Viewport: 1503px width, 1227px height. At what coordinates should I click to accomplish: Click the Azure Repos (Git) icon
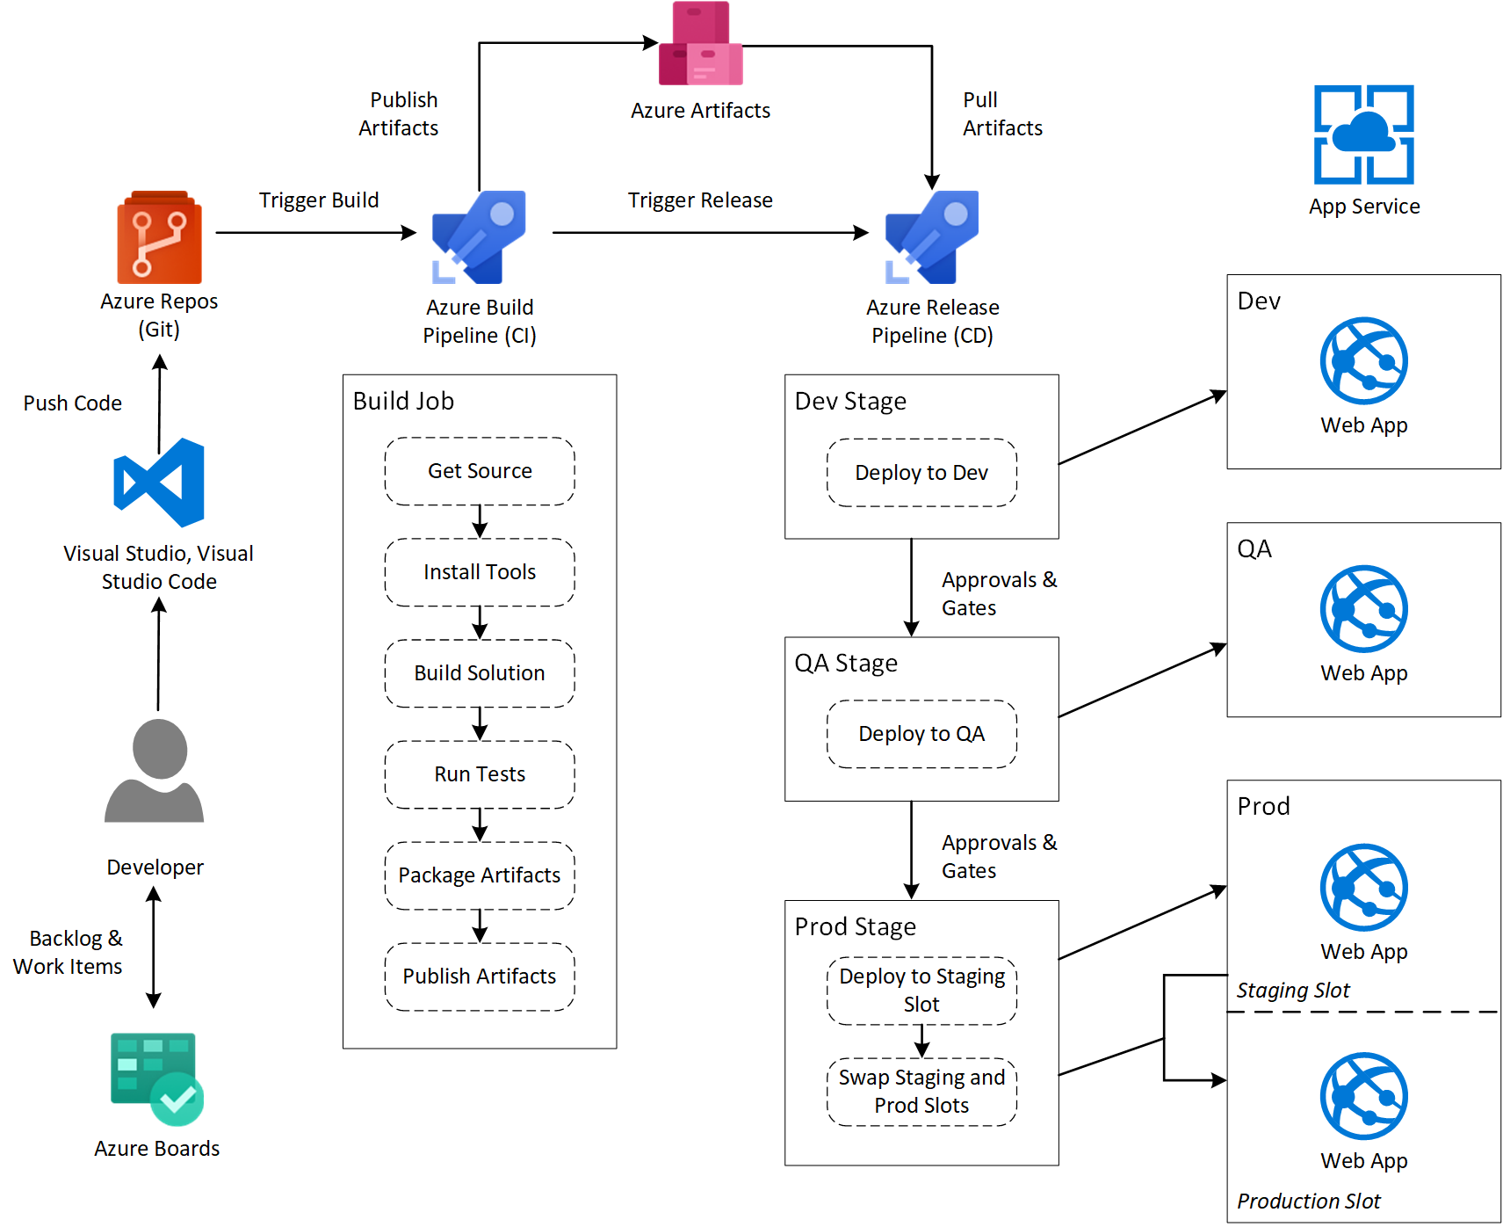(x=159, y=237)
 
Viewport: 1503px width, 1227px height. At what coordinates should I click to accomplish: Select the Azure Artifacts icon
(x=700, y=44)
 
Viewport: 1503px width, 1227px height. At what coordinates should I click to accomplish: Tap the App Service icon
(x=1363, y=134)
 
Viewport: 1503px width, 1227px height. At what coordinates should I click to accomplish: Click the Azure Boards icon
(x=156, y=1078)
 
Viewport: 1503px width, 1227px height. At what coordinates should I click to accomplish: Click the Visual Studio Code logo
(x=159, y=483)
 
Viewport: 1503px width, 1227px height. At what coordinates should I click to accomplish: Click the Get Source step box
(x=480, y=471)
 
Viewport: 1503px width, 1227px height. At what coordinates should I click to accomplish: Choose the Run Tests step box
(x=480, y=774)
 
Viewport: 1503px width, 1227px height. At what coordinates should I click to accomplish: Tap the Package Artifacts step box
(x=480, y=875)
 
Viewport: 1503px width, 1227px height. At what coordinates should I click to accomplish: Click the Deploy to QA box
(x=921, y=734)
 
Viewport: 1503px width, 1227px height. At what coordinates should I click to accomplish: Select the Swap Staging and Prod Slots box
(x=921, y=1092)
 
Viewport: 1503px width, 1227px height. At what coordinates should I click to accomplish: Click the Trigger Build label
(x=319, y=200)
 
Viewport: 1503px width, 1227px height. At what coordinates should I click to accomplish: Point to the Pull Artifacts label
(x=1001, y=114)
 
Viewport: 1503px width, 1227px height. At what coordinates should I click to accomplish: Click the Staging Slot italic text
(x=1292, y=991)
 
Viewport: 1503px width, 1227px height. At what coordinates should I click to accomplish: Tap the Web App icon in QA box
(x=1363, y=609)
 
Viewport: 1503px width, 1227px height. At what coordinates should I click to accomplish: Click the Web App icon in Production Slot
(x=1363, y=1096)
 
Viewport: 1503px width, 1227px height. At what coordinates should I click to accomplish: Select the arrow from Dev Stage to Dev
(x=1142, y=428)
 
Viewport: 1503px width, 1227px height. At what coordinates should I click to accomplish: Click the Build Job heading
(x=403, y=402)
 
